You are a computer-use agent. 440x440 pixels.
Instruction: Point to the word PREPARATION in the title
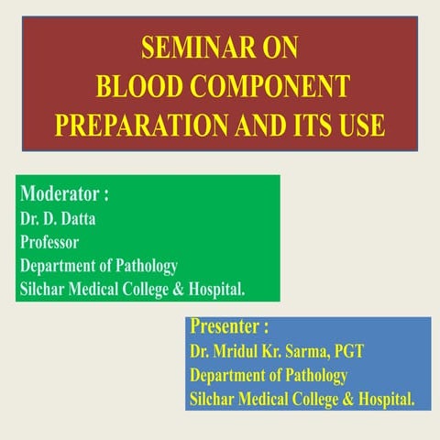coord(137,124)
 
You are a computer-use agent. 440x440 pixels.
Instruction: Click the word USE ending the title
coord(359,124)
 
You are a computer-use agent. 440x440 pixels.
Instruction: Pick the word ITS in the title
coord(304,124)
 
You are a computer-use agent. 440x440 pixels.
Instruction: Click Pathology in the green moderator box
coord(140,267)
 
